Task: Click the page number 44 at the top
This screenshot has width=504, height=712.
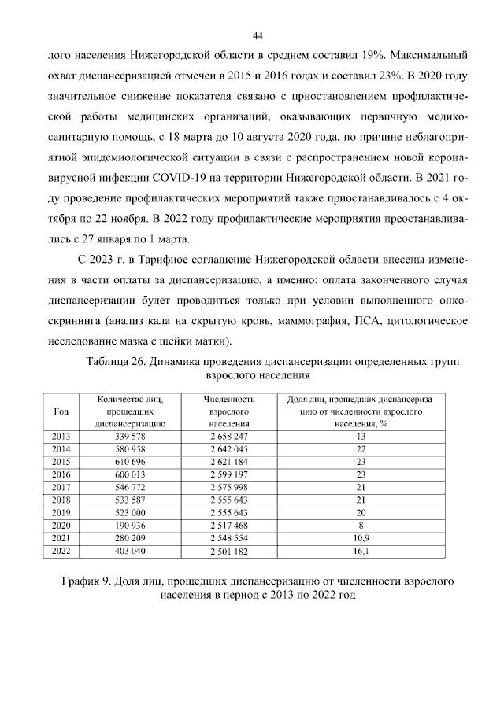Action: pyautogui.click(x=257, y=35)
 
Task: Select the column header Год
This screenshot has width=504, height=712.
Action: pyautogui.click(x=61, y=411)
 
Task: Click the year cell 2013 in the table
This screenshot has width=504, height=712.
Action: pyautogui.click(x=61, y=436)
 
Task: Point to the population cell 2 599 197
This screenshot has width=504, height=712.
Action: pyautogui.click(x=229, y=474)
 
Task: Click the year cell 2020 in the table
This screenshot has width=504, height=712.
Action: pyautogui.click(x=61, y=525)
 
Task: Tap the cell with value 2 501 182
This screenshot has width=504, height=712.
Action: pyautogui.click(x=229, y=550)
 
